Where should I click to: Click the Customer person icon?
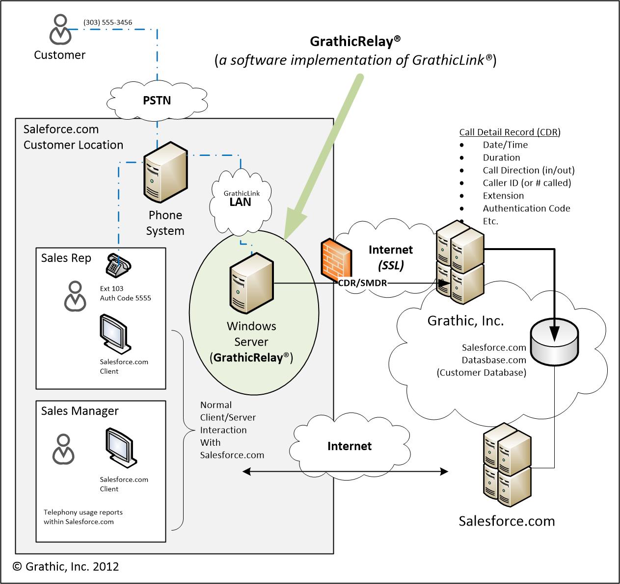(59, 30)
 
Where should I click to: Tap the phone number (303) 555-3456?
(108, 22)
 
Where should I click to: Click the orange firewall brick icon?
(336, 262)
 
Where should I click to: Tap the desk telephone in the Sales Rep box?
(118, 265)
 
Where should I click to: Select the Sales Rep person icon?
(75, 296)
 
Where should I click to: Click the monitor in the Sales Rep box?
(114, 333)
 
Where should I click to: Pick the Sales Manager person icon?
(63, 449)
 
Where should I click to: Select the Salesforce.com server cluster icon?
(507, 466)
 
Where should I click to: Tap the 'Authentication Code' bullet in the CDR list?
(526, 208)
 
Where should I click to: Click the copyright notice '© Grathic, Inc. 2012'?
(66, 566)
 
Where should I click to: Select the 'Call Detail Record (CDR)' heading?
(510, 132)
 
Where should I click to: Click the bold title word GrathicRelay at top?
(351, 42)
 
